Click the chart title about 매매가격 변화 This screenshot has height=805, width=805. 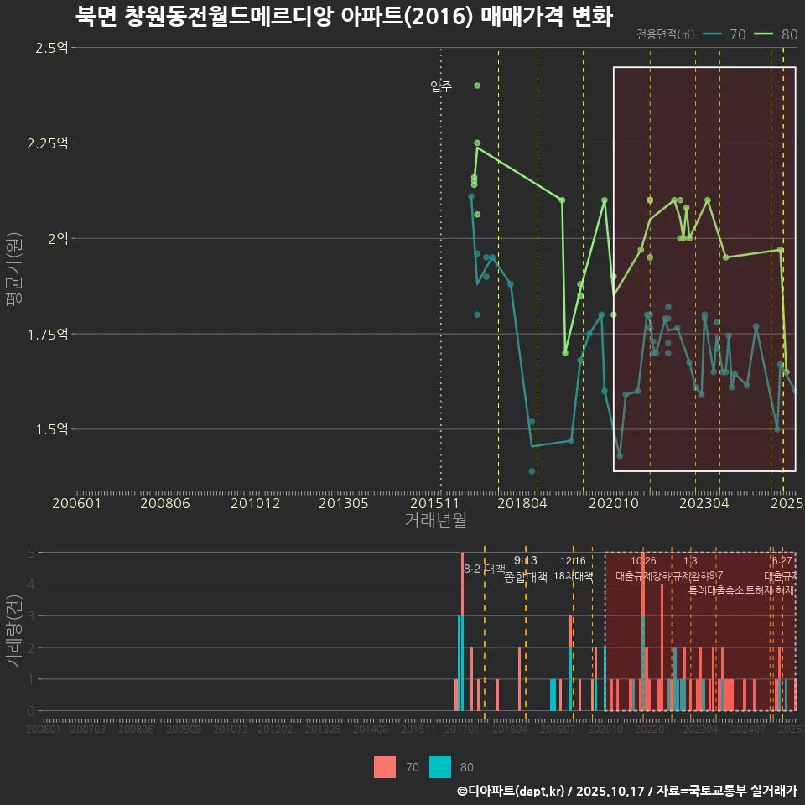[x=344, y=16]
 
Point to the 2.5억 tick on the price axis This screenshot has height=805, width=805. [x=51, y=48]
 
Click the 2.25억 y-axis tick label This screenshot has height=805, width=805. [x=48, y=143]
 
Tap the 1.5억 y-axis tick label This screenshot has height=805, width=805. [x=51, y=429]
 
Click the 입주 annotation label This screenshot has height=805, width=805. [x=441, y=86]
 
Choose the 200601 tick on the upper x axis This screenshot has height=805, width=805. [x=76, y=503]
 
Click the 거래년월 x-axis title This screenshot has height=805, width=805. [x=435, y=521]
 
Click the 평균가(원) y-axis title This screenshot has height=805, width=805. [x=13, y=273]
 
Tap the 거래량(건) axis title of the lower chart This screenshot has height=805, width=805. [x=13, y=631]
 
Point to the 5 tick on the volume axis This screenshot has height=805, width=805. [x=30, y=553]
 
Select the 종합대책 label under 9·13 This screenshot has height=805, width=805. [x=526, y=577]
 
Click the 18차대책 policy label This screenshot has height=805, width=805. [x=574, y=576]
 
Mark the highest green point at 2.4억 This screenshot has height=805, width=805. [x=477, y=86]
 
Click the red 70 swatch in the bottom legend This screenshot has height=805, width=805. [x=385, y=766]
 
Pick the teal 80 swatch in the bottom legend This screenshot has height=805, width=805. [x=440, y=766]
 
